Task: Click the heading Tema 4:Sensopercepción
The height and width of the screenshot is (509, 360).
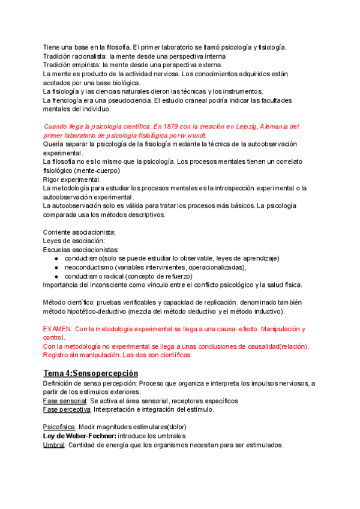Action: click(98, 373)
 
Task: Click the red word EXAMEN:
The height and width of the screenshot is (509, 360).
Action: click(58, 330)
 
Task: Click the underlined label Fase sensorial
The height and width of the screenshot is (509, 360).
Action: click(65, 400)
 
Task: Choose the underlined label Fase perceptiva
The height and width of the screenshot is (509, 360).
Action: click(66, 409)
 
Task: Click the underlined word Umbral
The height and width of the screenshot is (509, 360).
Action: click(54, 445)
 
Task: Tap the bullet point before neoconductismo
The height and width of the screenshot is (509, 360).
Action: click(56, 267)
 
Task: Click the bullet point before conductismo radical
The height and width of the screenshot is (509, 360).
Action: click(56, 276)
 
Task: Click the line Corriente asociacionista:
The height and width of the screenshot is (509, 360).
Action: click(79, 232)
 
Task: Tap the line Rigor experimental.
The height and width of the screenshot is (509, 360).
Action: click(72, 179)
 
